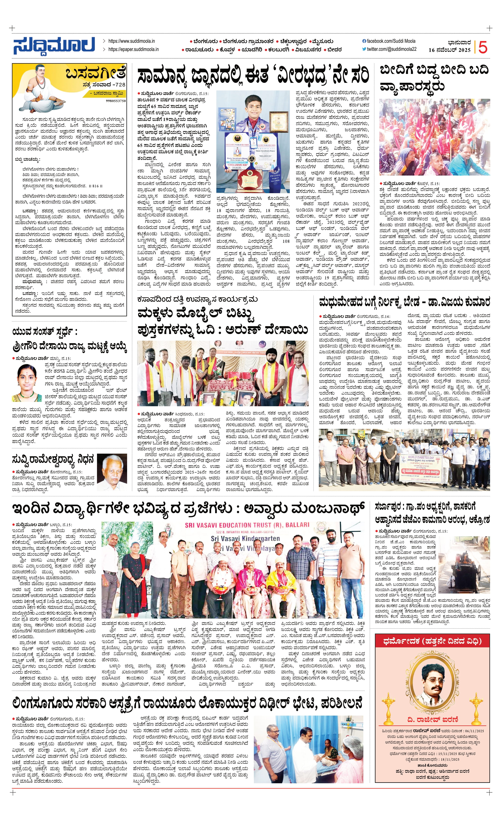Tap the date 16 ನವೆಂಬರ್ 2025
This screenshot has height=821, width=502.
(x=449, y=50)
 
